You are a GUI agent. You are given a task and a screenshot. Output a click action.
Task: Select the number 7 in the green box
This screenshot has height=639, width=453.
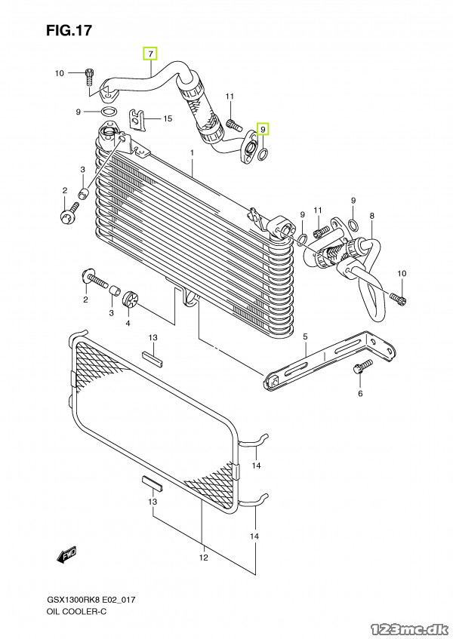click(150, 54)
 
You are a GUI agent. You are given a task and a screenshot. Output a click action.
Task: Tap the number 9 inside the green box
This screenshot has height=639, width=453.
click(263, 130)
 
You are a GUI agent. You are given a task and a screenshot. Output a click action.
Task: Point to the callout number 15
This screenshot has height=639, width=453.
click(168, 118)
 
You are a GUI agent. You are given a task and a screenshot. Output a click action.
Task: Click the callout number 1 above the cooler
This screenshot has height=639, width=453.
click(193, 152)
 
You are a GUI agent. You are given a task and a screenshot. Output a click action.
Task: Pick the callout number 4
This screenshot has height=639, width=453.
click(128, 324)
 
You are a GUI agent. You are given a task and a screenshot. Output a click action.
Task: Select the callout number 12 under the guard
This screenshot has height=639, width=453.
click(202, 558)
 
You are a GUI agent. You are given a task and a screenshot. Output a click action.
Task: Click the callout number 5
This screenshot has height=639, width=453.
click(305, 336)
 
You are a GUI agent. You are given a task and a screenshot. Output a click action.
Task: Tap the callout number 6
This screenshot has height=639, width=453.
click(360, 394)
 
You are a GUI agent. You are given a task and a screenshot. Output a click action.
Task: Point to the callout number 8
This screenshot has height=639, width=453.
click(372, 217)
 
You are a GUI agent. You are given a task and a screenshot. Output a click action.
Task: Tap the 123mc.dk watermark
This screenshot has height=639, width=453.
click(410, 620)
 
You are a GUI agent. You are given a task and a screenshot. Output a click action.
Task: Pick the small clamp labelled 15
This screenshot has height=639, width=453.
click(138, 119)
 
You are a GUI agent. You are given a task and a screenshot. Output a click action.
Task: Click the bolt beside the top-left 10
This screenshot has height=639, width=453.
click(90, 75)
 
